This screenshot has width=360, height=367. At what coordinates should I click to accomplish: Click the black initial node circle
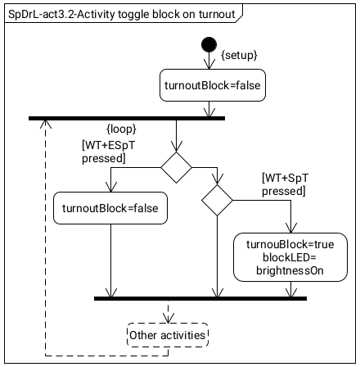pos(211,43)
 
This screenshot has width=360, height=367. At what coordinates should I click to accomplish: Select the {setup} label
pos(239,54)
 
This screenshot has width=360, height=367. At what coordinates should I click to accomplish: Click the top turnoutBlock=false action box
pos(211,84)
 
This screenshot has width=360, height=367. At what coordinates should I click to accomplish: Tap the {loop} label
pos(121,129)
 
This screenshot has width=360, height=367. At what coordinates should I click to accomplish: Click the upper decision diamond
pos(176,165)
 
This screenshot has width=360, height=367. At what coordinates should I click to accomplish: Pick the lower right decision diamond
pos(218,198)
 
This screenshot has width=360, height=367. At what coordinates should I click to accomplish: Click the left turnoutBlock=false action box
pos(110,209)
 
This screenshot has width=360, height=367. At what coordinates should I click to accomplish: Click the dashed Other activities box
pos(169,335)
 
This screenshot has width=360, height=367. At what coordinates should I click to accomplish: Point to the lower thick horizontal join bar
pos(200,298)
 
